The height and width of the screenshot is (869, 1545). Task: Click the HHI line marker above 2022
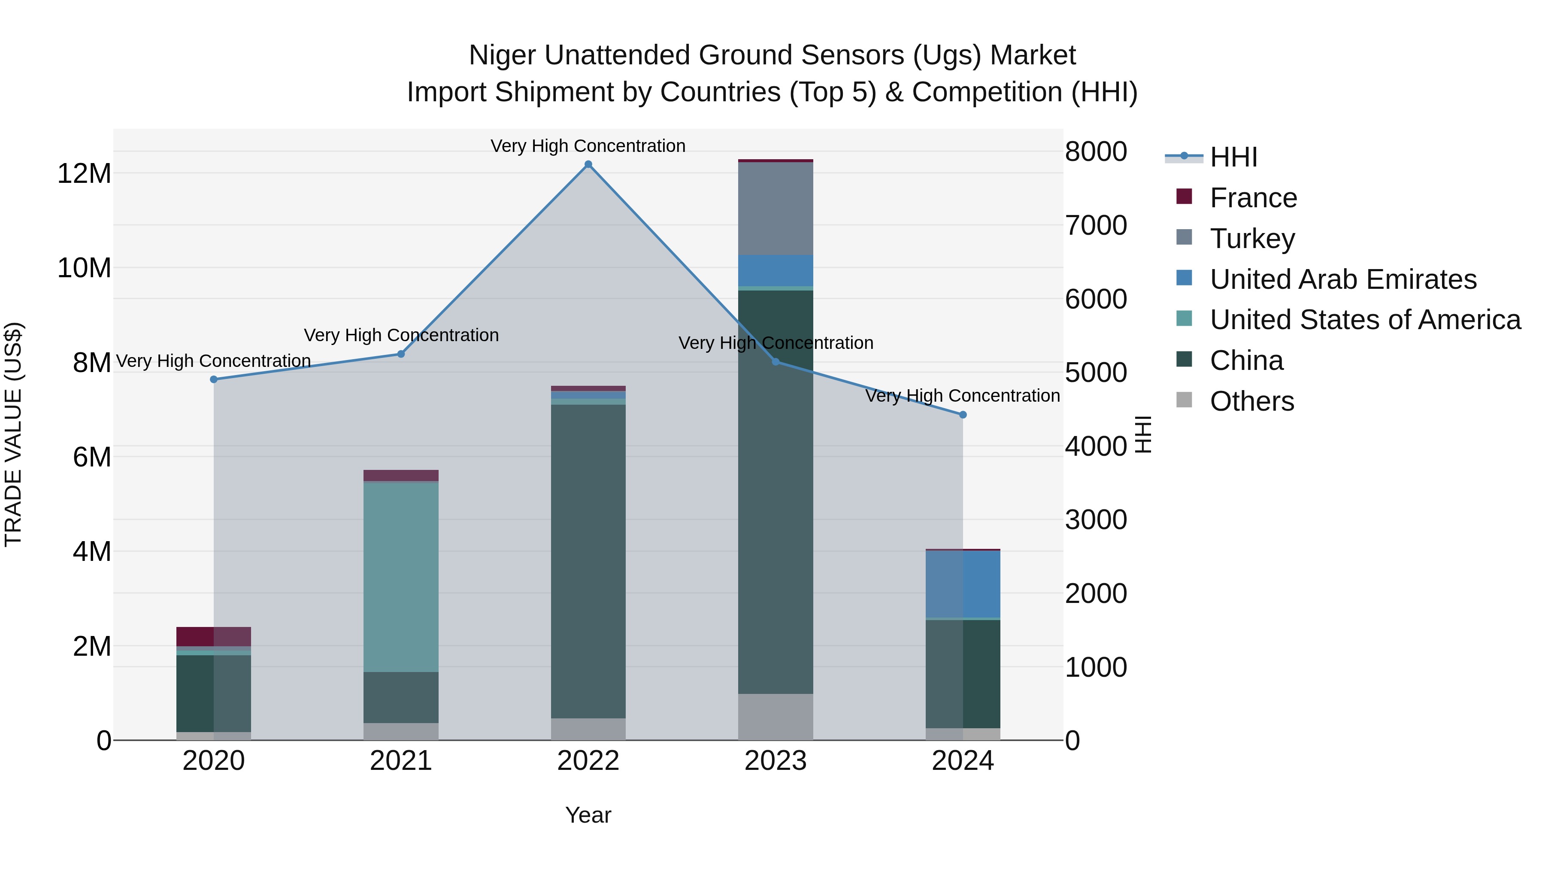(x=588, y=164)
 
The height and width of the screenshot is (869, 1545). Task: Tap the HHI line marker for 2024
(x=963, y=415)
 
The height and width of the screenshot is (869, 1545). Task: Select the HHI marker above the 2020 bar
(x=214, y=379)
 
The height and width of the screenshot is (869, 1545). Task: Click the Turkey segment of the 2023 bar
(x=775, y=208)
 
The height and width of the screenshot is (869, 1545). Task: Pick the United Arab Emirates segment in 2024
(x=963, y=584)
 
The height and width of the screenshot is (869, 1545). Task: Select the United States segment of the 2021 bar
(x=401, y=576)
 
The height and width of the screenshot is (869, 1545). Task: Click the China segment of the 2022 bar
(x=588, y=561)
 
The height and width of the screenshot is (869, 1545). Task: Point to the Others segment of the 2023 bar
(x=775, y=717)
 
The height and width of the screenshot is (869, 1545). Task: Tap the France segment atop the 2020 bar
(x=214, y=636)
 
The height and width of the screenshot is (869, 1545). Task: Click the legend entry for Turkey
(x=1252, y=238)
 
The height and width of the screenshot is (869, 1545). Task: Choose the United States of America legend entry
(x=1365, y=320)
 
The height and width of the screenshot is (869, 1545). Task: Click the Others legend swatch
(x=1184, y=400)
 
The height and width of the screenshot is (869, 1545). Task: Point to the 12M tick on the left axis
(x=84, y=174)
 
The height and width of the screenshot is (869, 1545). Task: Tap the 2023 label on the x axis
(x=775, y=761)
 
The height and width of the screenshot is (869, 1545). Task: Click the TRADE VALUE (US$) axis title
(x=13, y=434)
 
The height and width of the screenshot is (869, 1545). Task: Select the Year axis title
(x=588, y=815)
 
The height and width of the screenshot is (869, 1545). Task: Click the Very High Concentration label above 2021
(x=401, y=335)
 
